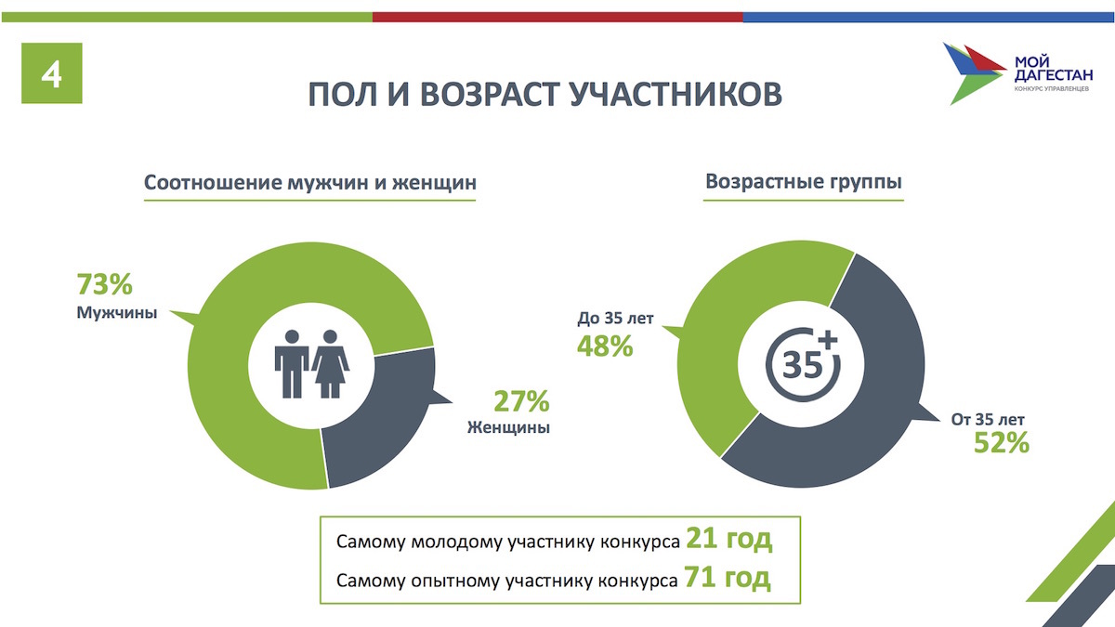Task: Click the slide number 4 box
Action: pyautogui.click(x=52, y=73)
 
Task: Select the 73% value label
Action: pyautogui.click(x=104, y=284)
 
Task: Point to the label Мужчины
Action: pyautogui.click(x=116, y=312)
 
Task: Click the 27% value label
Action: pyautogui.click(x=521, y=401)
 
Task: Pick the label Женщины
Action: pyautogui.click(x=508, y=427)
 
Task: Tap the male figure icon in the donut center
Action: pyautogui.click(x=292, y=364)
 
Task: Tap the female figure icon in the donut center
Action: pyautogui.click(x=331, y=364)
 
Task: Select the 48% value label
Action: pyautogui.click(x=605, y=346)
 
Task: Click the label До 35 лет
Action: pyautogui.click(x=615, y=318)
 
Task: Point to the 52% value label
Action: pyautogui.click(x=1001, y=443)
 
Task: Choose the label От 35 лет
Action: pyautogui.click(x=988, y=420)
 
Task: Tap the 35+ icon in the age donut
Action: pyautogui.click(x=803, y=364)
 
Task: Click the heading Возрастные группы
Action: pyautogui.click(x=804, y=181)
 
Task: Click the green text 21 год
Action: pyautogui.click(x=728, y=539)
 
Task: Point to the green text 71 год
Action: pyautogui.click(x=728, y=578)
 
